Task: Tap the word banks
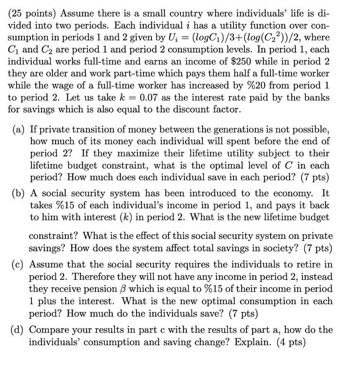pyautogui.click(x=318, y=98)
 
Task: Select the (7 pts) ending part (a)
pyautogui.click(x=314, y=177)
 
